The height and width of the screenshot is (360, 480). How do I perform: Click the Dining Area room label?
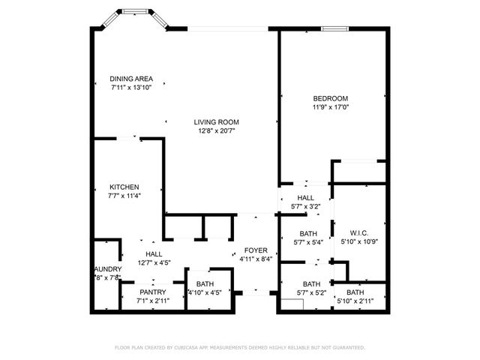pyautogui.click(x=131, y=78)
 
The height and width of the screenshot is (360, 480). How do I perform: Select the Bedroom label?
pyautogui.click(x=330, y=98)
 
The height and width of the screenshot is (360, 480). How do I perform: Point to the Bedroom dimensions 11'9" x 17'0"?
pyautogui.click(x=330, y=107)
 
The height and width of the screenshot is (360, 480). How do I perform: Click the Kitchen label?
pyautogui.click(x=124, y=187)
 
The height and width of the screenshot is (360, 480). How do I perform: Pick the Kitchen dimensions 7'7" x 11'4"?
pyautogui.click(x=124, y=196)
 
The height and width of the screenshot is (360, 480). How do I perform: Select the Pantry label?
pyautogui.click(x=153, y=292)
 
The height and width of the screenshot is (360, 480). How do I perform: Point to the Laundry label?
pyautogui.click(x=107, y=268)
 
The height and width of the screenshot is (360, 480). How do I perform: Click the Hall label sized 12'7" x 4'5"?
pyautogui.click(x=153, y=253)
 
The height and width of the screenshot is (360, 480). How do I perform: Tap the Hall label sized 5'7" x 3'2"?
pyautogui.click(x=305, y=198)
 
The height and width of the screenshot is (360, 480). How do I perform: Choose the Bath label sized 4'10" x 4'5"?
pyautogui.click(x=205, y=283)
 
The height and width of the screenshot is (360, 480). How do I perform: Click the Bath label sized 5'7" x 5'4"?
pyautogui.click(x=308, y=233)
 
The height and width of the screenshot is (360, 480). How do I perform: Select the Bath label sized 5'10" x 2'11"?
pyautogui.click(x=355, y=292)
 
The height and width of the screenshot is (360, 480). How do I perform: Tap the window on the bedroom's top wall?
pyautogui.click(x=334, y=29)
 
